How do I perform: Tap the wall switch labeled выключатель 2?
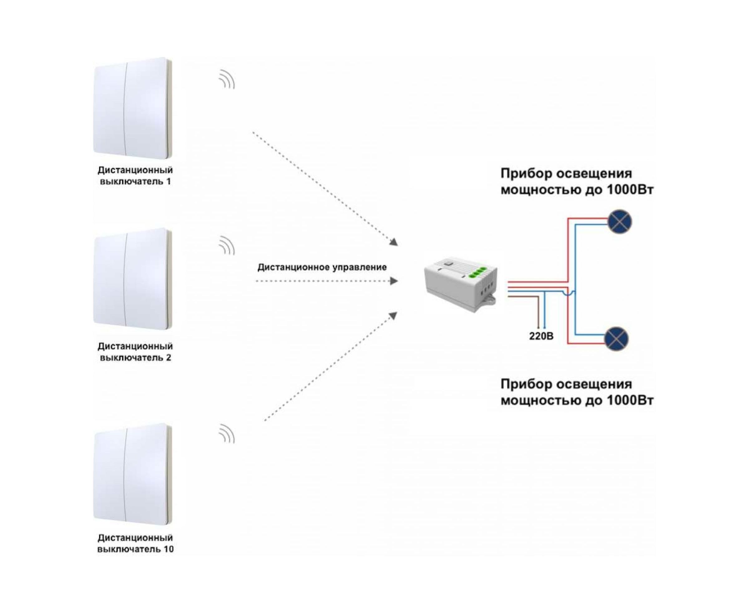132,279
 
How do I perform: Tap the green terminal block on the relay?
479,272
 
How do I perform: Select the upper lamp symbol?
619,221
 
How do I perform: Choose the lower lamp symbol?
617,339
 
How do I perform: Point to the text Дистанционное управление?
322,267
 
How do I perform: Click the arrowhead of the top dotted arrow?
394,242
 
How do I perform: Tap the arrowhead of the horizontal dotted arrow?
394,281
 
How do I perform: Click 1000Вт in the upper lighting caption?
630,190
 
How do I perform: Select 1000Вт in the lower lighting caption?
630,400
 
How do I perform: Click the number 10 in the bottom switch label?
169,549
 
